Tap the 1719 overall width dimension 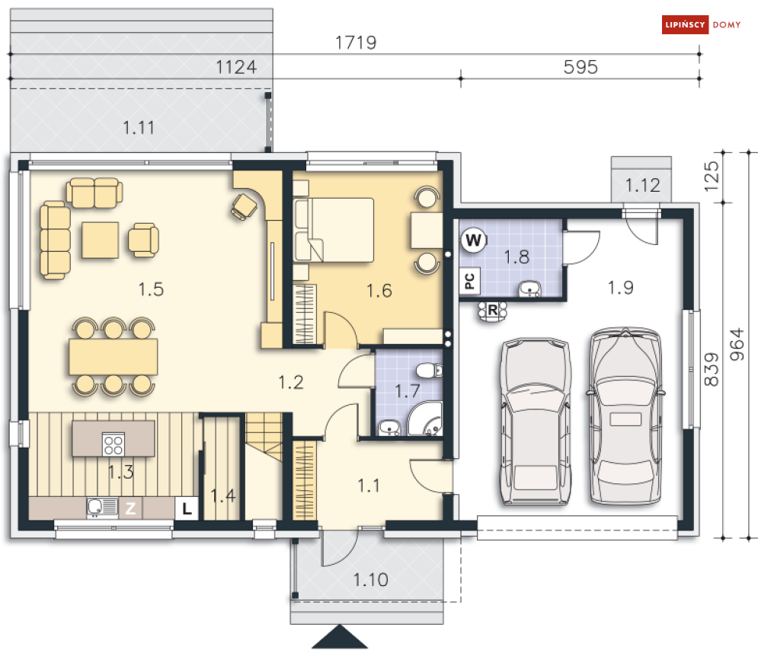click(357, 43)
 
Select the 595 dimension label click(580, 67)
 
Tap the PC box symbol click(469, 281)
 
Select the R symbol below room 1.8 click(493, 310)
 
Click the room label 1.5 click(151, 288)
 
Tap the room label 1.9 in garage click(621, 287)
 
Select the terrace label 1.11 click(139, 128)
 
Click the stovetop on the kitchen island click(114, 442)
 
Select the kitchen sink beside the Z click(101, 508)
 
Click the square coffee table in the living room click(101, 240)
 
